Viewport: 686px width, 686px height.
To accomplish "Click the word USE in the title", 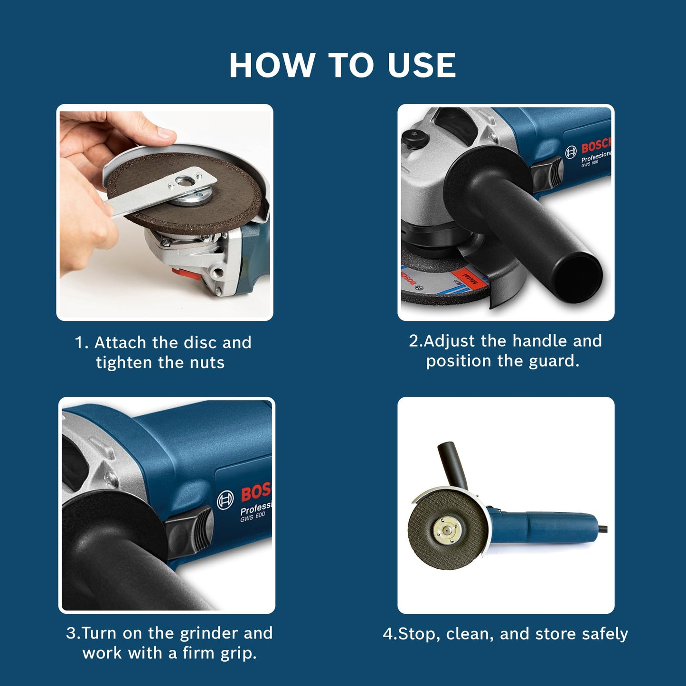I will pos(422,65).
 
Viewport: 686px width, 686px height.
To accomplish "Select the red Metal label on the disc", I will pos(470,277).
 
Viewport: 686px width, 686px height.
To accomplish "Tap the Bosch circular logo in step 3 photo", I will pos(225,500).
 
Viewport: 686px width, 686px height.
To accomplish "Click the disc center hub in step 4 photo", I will pos(446,528).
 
